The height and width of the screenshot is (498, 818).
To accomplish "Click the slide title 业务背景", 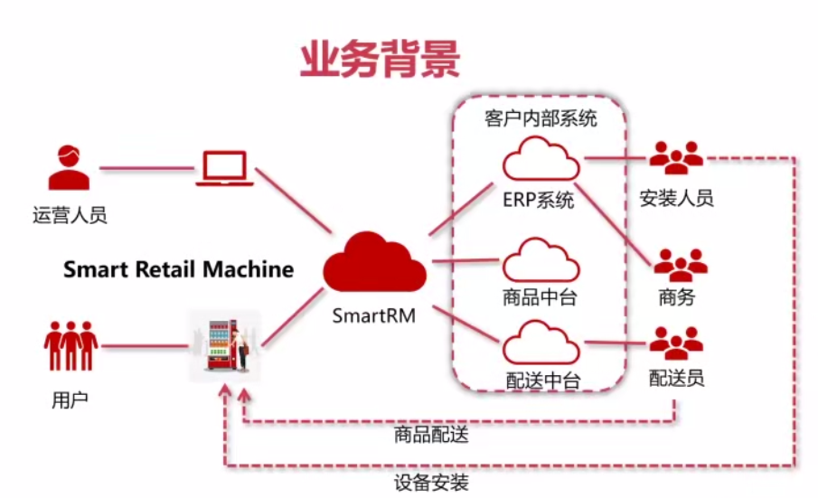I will (x=380, y=59).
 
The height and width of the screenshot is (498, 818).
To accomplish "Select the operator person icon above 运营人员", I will (x=69, y=167).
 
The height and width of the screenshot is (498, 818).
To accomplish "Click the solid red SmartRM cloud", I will (x=374, y=261).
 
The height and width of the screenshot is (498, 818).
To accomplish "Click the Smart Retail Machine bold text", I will (x=178, y=268).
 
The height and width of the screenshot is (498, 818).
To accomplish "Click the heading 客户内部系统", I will (x=541, y=118).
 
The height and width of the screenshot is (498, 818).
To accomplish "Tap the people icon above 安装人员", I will (x=676, y=158).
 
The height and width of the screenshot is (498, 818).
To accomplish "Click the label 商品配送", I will (x=431, y=436).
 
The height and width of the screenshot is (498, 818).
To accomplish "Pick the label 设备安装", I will (x=431, y=482).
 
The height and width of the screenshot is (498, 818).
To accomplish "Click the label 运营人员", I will (x=70, y=215).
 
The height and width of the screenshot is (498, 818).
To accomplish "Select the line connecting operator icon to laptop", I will (x=145, y=168).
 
